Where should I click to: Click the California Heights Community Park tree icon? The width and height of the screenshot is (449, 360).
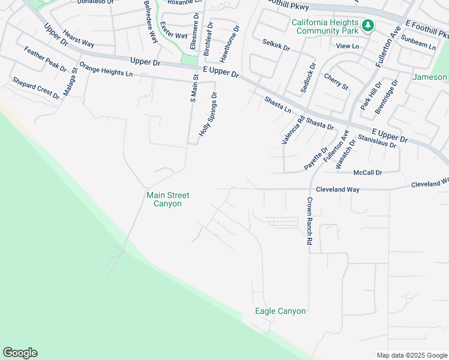point(367,26)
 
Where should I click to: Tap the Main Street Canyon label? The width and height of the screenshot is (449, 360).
point(168,199)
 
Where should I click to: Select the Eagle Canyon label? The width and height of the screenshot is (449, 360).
point(280,311)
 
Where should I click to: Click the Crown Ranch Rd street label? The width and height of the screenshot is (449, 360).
point(310,221)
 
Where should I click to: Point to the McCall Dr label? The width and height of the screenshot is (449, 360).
point(367,173)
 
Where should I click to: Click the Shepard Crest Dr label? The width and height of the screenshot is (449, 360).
point(36,88)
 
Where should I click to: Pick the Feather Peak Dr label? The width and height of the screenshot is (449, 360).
point(45,59)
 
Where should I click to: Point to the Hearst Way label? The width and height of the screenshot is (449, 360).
point(79,40)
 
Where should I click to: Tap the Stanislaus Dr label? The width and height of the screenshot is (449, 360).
point(377,142)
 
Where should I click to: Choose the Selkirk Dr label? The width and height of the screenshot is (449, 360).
point(276,43)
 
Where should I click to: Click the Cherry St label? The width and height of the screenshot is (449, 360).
point(336,82)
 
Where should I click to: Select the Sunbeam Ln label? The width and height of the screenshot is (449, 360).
point(418,41)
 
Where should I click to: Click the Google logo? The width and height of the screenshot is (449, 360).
point(20,353)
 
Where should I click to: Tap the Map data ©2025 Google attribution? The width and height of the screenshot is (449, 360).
point(411,355)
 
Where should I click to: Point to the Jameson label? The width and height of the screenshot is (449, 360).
point(430,77)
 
